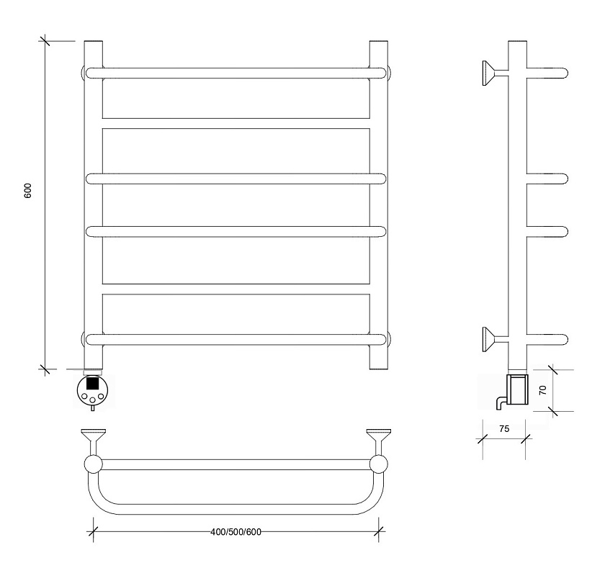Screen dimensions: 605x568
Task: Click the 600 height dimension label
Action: pos(28,191)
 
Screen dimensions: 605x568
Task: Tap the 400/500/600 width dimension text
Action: pos(236,532)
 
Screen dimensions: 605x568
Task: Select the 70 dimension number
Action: pos(543,390)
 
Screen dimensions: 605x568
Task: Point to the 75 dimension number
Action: pos(504,429)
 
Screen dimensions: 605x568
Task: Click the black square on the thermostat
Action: pos(92,383)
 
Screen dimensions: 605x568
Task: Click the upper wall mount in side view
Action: pos(495,73)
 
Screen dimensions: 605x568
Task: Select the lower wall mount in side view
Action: pos(495,339)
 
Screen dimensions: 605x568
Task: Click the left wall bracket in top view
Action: pos(94,442)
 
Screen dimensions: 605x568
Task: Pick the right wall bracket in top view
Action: pos(379,442)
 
